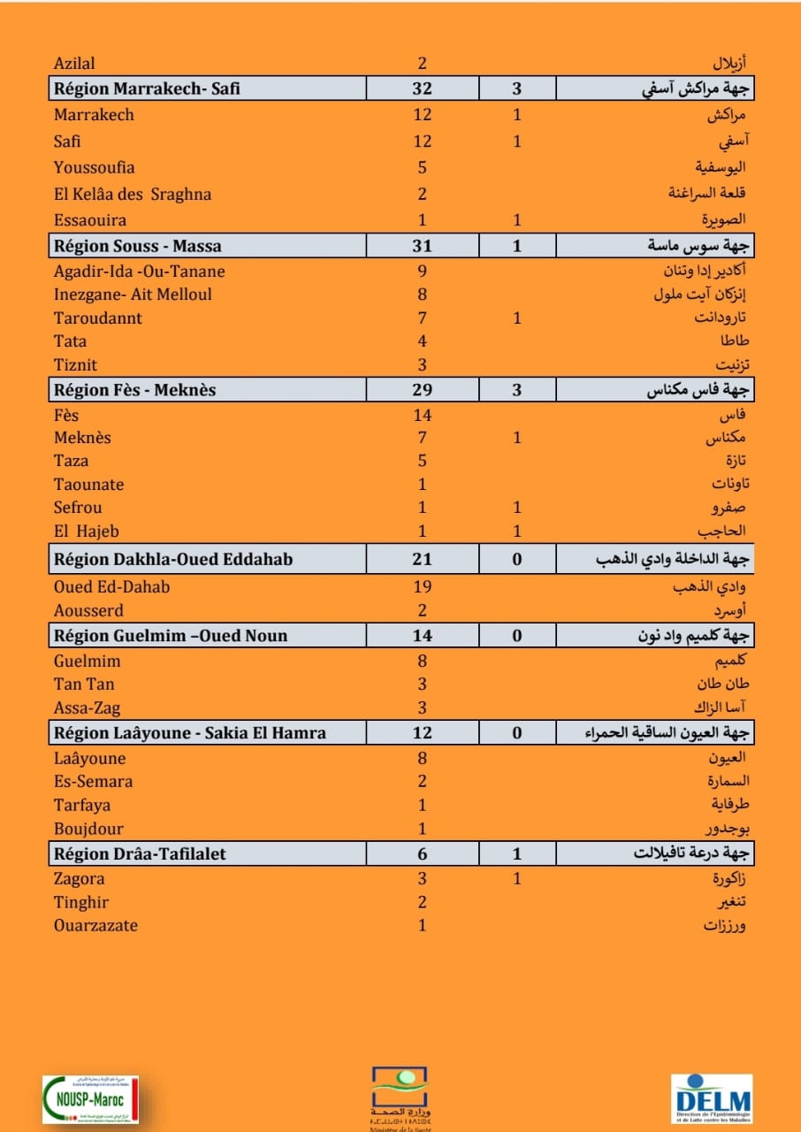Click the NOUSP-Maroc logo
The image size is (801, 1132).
(x=90, y=1099)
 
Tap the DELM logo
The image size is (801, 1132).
(x=711, y=1099)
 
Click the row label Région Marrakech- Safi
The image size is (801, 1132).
(x=147, y=88)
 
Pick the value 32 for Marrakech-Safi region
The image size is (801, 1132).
(x=423, y=88)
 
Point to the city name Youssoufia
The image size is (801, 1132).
(x=95, y=167)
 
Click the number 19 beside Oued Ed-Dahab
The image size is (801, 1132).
(x=423, y=586)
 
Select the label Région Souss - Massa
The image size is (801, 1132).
(x=138, y=246)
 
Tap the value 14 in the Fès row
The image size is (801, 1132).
(x=423, y=415)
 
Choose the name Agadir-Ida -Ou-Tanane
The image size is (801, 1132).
(x=140, y=272)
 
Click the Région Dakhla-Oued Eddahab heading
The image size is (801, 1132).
(x=173, y=559)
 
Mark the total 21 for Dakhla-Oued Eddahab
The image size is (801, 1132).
(x=423, y=559)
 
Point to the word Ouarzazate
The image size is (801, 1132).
(x=95, y=926)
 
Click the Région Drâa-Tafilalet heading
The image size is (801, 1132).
(x=140, y=853)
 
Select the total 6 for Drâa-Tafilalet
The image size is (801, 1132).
(x=423, y=853)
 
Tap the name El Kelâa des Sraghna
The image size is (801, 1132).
(x=133, y=194)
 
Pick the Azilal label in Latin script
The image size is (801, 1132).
(x=74, y=63)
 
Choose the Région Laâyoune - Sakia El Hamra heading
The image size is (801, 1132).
(x=190, y=732)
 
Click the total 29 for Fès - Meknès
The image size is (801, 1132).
(x=423, y=390)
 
